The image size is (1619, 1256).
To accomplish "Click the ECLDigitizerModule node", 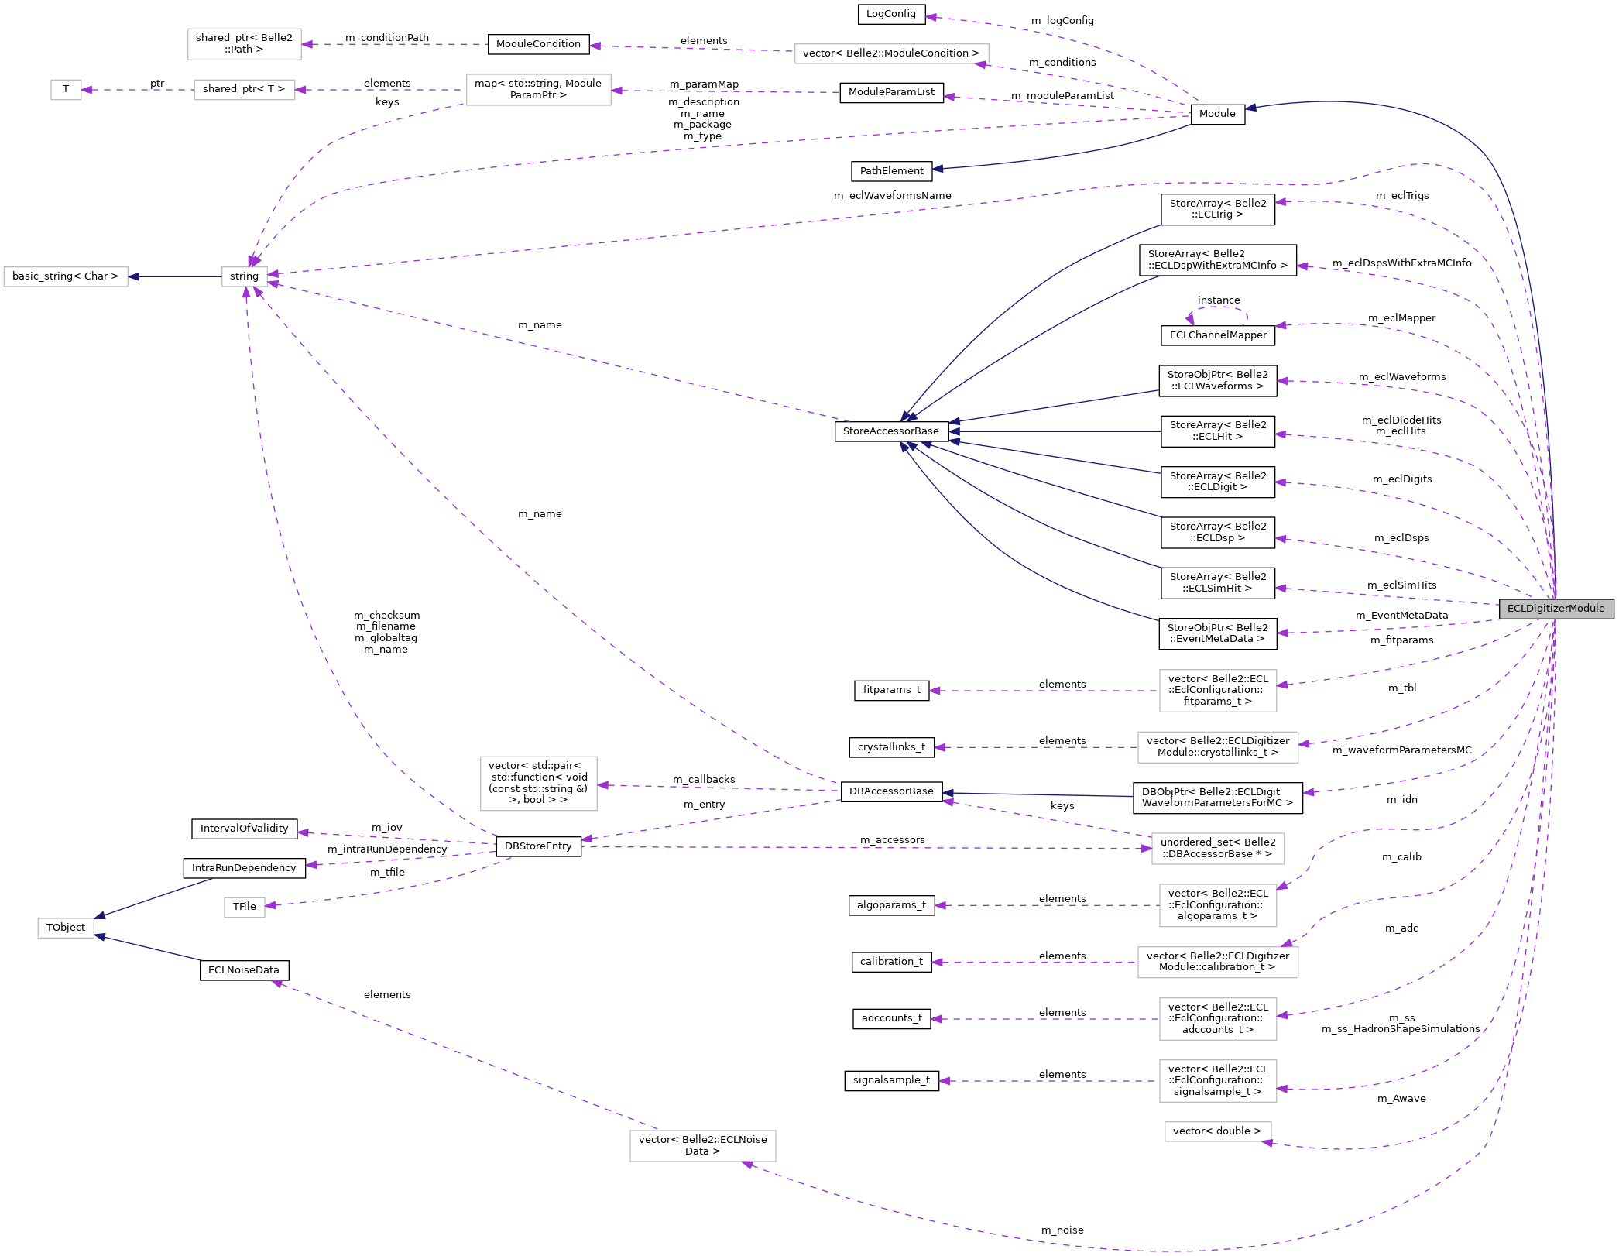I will [1556, 609].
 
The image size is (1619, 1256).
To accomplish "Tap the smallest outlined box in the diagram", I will [66, 90].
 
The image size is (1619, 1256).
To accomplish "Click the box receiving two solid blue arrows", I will [66, 928].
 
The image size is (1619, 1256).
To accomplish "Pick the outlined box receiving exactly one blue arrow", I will [66, 276].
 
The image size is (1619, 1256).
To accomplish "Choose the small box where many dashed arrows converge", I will [245, 276].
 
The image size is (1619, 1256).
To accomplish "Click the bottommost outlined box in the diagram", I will [702, 1146].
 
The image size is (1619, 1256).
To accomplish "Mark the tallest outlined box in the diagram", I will [538, 784].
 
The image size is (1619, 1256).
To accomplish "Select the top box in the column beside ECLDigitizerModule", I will [1217, 691].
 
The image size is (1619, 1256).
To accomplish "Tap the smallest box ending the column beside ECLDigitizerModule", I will [1217, 1131].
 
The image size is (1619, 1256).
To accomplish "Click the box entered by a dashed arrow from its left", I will [1217, 849].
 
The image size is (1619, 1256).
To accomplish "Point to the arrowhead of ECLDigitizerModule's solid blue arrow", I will [1250, 108].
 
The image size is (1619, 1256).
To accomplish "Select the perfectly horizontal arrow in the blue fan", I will [1053, 431].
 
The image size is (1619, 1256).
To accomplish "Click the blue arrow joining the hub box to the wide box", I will [174, 276].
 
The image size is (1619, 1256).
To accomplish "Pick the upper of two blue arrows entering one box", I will [155, 897].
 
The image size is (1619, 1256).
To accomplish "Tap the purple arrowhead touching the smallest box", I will [87, 90].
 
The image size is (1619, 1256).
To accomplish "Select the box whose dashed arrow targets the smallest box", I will [244, 90].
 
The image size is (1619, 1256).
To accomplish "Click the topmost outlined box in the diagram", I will [244, 44].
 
